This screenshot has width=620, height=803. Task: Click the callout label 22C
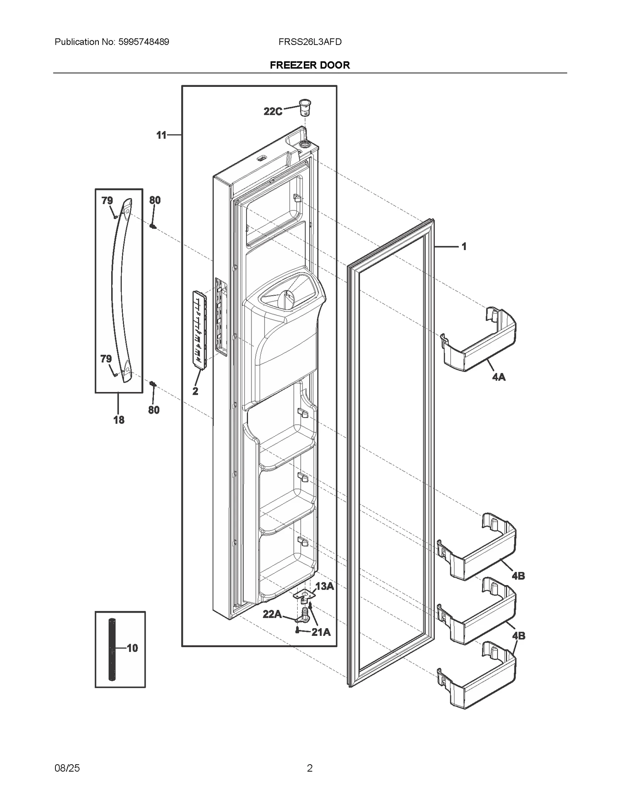click(x=273, y=112)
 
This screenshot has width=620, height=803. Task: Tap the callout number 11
click(x=161, y=135)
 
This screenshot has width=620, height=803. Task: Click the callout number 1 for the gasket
click(x=464, y=247)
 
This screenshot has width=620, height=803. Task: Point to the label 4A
click(x=499, y=376)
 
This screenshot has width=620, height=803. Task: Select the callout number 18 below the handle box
click(x=119, y=420)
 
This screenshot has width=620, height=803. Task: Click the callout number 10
click(x=132, y=648)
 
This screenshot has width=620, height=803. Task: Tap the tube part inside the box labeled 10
click(x=112, y=648)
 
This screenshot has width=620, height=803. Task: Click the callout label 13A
click(x=324, y=586)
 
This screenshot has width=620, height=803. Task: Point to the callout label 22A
click(x=272, y=614)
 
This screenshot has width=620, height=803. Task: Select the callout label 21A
click(x=321, y=632)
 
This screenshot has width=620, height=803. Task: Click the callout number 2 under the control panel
click(x=195, y=391)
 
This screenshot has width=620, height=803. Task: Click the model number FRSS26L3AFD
click(x=310, y=42)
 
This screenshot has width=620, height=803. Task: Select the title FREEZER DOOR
click(x=310, y=65)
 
